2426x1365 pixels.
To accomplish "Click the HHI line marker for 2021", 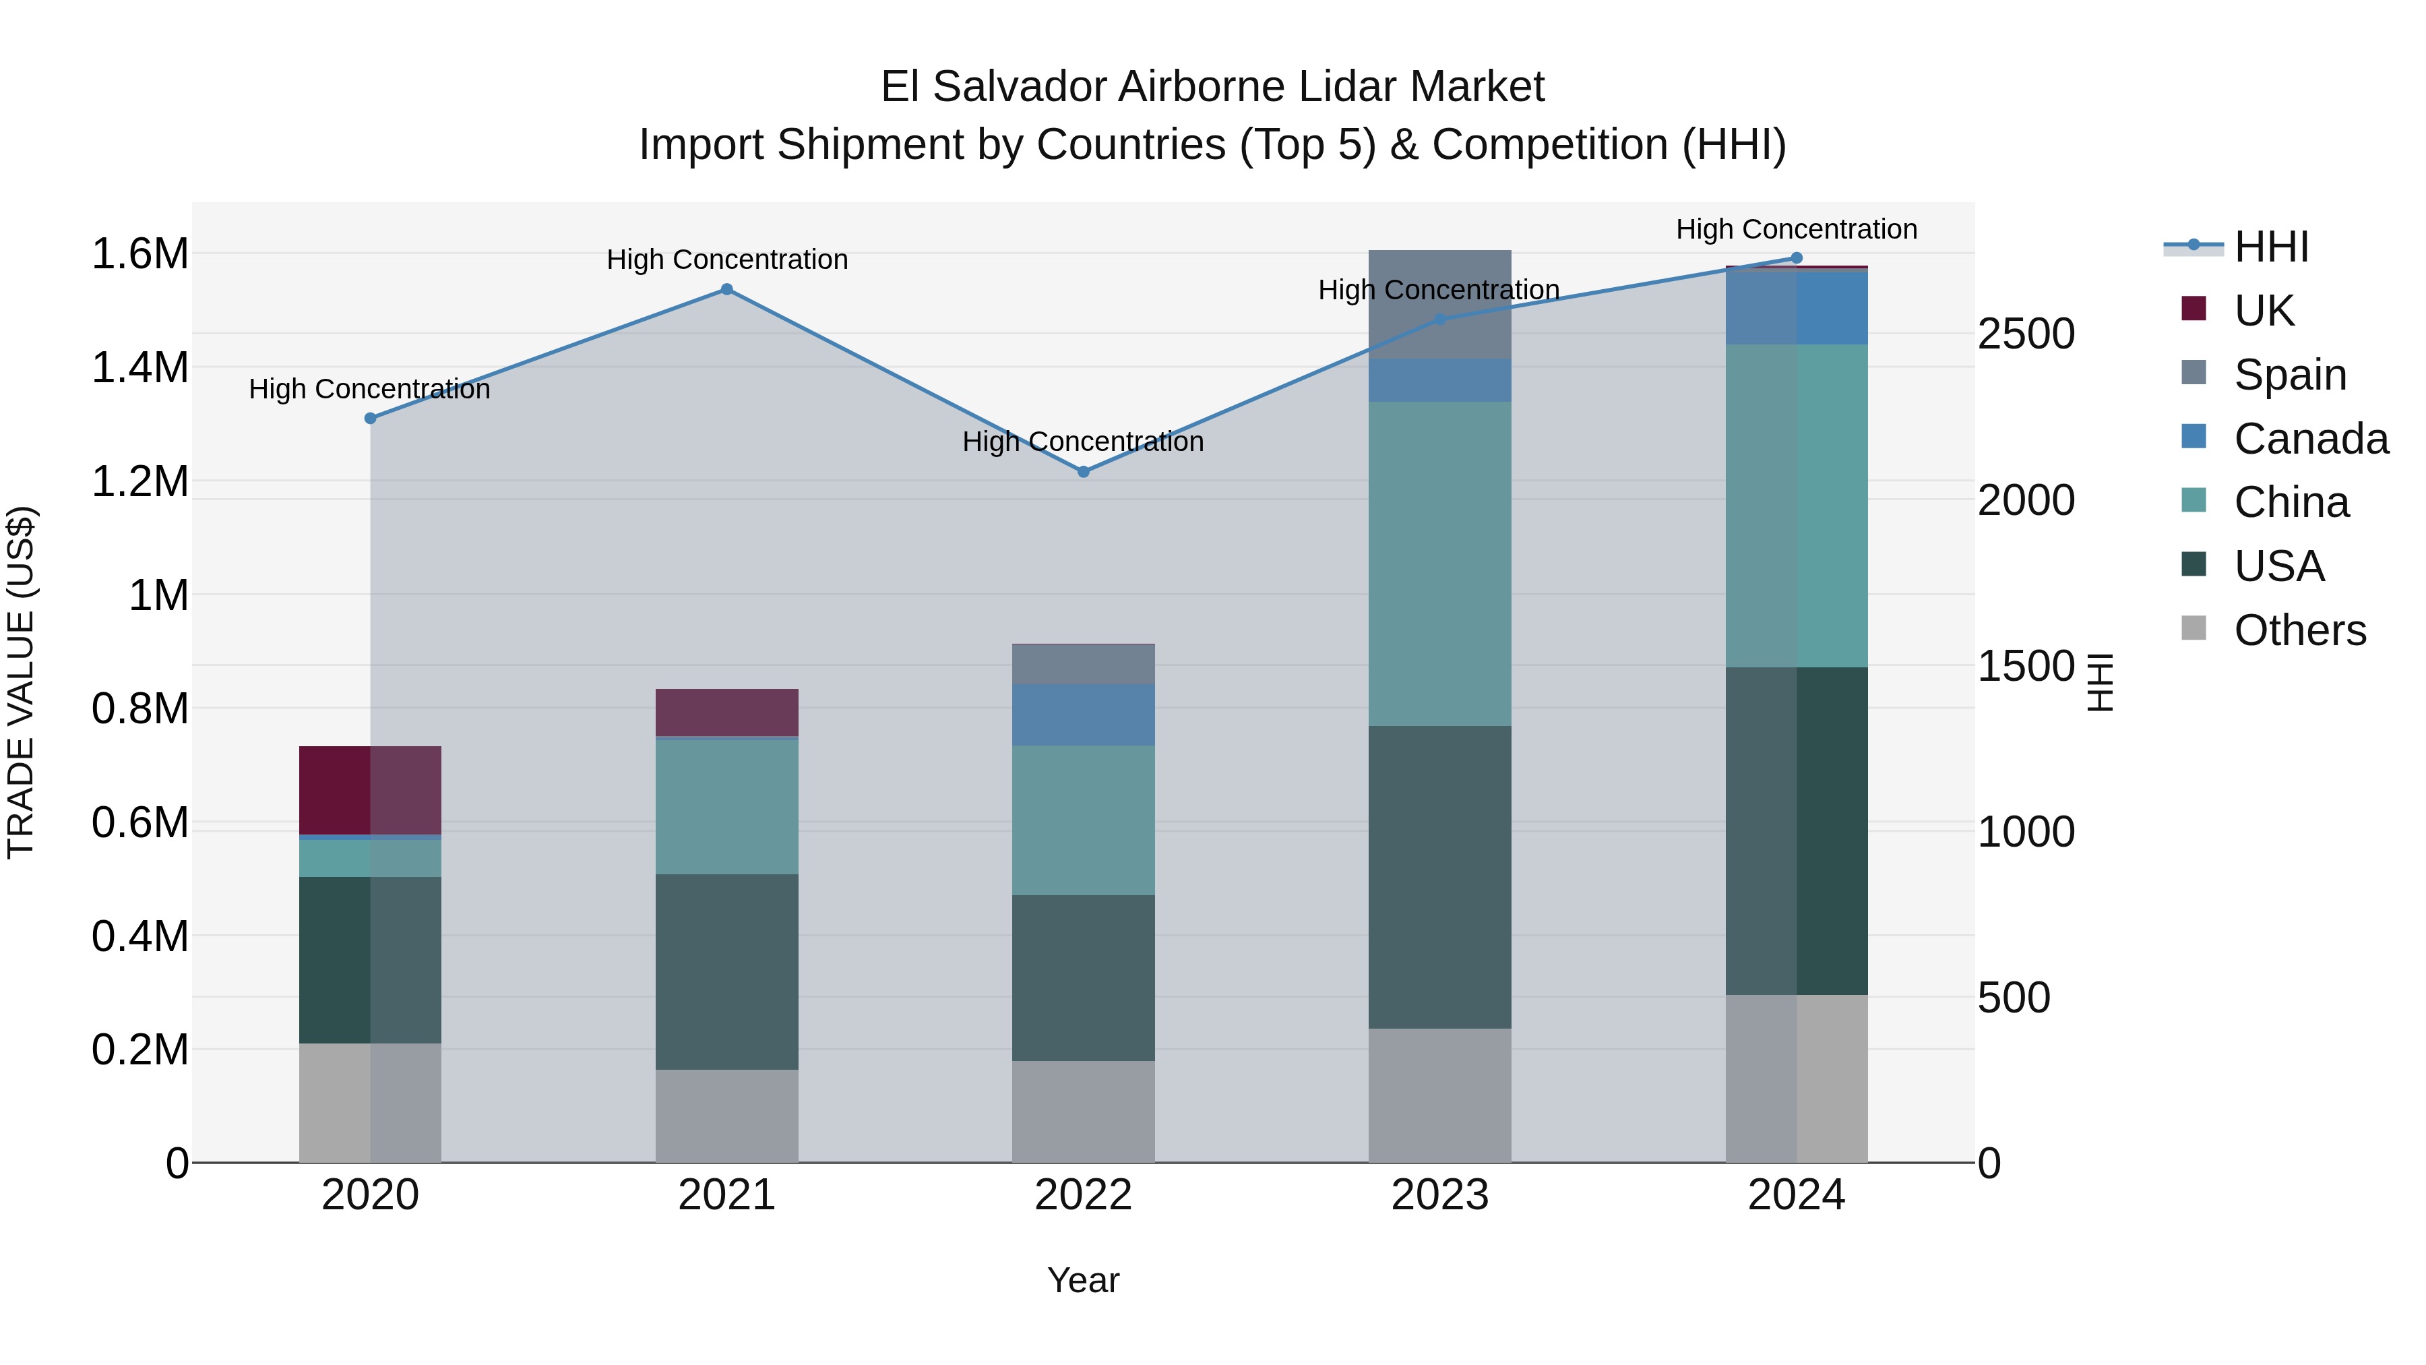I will coord(726,289).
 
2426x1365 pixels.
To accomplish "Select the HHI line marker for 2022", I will coord(1083,472).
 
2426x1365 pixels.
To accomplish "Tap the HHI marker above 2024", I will coord(1796,258).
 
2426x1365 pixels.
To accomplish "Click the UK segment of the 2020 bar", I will coord(369,789).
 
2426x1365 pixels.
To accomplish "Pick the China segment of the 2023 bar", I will coord(1439,564).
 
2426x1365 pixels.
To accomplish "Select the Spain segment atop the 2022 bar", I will coord(1083,663).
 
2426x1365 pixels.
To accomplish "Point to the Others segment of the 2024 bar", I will coord(1796,1078).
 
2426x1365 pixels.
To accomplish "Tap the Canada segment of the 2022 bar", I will coord(1083,714).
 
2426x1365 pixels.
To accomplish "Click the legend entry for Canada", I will coord(2309,439).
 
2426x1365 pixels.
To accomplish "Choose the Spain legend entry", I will coord(2289,375).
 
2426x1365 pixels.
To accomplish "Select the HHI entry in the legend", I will coord(2270,247).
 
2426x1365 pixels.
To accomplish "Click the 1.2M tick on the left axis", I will coord(139,481).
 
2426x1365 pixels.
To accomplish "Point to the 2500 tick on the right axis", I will coord(2026,334).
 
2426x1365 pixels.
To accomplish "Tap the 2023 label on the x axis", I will coord(1439,1195).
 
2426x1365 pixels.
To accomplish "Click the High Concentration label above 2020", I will coord(369,389).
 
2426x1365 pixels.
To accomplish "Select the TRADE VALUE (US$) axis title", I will coord(21,682).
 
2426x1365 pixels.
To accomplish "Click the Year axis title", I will coord(1083,1280).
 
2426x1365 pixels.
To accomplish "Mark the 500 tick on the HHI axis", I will coord(2014,998).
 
